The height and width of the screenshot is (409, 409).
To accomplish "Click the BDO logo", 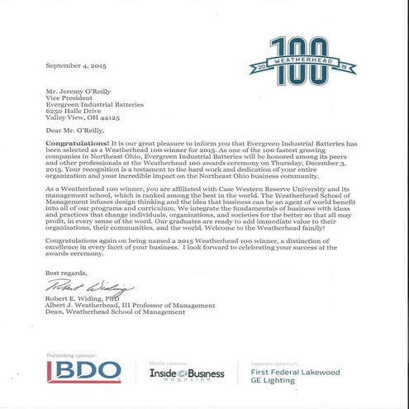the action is [x=80, y=370].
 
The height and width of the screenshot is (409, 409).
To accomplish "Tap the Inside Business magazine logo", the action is [x=186, y=374].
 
